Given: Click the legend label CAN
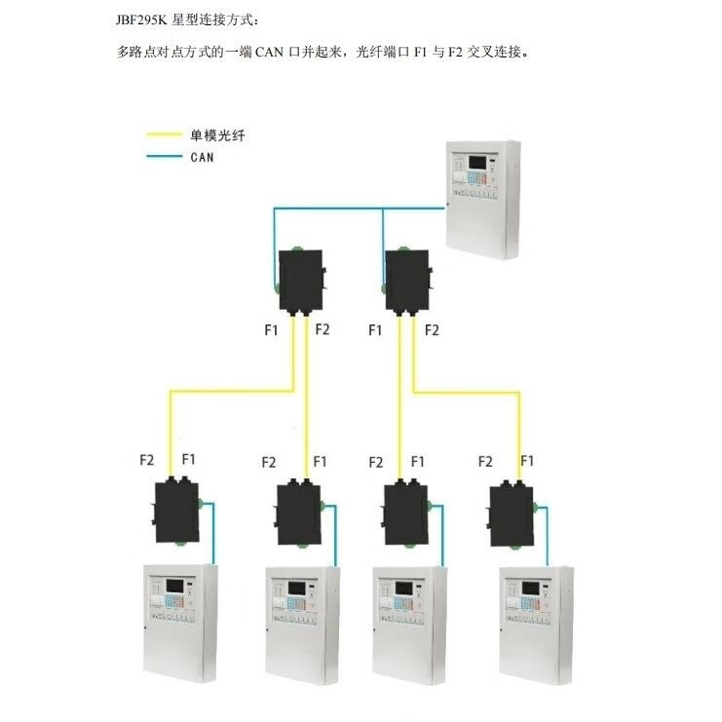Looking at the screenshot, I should coord(202,156).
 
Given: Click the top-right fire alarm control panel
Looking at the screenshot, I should coord(483,200).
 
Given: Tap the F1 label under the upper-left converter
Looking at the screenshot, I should coord(271,330).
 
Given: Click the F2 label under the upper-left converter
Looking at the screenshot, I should coord(323,329).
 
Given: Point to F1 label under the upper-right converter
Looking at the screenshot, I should coord(375,330).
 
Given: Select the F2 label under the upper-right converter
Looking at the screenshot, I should coord(432,330).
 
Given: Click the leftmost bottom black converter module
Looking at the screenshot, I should coord(176,508).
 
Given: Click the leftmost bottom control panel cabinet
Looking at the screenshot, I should coord(179,622).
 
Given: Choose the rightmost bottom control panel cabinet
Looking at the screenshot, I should coord(537,622).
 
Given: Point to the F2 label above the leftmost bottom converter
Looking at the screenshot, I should coord(147,459).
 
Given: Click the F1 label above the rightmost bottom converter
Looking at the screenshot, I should coord(527,460).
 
